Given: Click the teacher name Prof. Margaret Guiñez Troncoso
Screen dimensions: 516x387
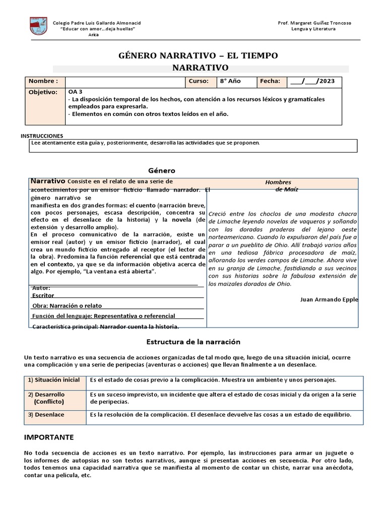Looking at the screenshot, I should click(314, 23).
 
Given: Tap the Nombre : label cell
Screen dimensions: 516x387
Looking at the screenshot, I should click(43, 81).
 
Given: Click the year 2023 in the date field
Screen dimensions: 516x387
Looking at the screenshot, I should click(330, 82).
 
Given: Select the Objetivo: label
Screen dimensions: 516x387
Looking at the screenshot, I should click(43, 93).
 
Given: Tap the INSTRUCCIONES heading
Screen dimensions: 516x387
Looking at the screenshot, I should click(42, 136).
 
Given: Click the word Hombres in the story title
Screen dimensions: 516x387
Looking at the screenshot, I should click(278, 182).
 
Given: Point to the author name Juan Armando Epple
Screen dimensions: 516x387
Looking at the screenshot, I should click(329, 299).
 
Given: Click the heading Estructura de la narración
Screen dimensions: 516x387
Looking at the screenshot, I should click(190, 342).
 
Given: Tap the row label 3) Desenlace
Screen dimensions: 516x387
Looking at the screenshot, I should click(46, 415).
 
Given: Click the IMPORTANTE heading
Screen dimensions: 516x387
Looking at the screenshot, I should click(49, 437).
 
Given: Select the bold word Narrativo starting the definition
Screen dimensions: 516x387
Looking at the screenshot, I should click(48, 180).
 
